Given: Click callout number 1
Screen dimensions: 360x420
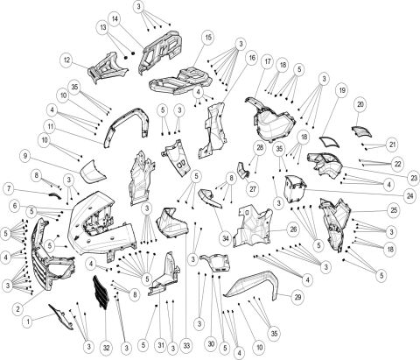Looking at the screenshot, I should click(26, 321).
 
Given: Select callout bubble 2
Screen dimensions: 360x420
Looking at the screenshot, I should click(17, 307).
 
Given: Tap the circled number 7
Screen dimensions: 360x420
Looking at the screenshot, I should click(7, 188).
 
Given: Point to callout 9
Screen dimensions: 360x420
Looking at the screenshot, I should click(26, 155).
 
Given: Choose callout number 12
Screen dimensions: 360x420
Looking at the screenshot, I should click(66, 60).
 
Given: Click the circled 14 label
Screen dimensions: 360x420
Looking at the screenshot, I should click(139, 19).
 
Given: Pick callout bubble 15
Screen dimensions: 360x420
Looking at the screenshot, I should click(207, 38).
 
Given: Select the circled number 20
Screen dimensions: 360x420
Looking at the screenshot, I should click(360, 104).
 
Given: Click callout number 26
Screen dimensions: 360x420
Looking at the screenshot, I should click(293, 229).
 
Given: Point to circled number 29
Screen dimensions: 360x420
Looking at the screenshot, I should click(297, 299).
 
